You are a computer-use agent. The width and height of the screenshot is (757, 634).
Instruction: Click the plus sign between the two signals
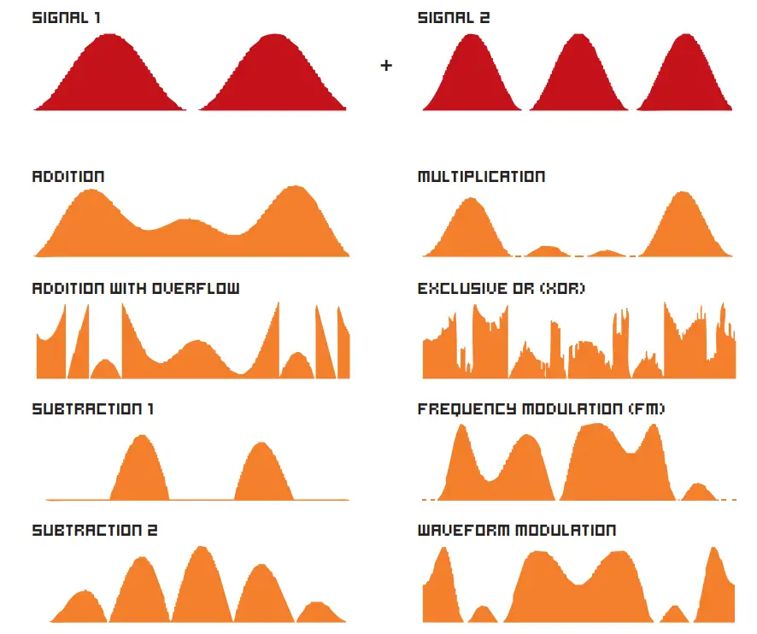point(386,65)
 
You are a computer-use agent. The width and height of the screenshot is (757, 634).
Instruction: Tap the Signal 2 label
point(454,17)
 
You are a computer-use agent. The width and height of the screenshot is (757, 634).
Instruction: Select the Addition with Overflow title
point(135,288)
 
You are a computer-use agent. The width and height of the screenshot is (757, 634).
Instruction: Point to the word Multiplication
point(481,177)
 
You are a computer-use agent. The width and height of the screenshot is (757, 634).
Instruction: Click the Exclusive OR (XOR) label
point(502,288)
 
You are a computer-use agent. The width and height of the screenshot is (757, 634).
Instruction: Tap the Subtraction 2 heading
point(94,531)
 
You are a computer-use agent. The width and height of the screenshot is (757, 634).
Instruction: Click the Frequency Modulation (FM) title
point(541,409)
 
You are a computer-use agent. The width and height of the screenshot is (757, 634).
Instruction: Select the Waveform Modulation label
point(516,531)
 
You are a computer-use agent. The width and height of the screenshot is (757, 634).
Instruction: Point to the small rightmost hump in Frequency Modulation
point(699,493)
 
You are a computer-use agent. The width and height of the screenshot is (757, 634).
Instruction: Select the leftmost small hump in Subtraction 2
point(82,608)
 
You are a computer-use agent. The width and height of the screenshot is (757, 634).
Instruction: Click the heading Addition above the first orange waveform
point(68,177)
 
